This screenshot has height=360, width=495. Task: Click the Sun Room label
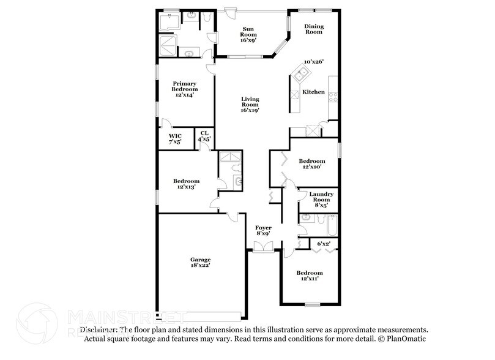pos(248,32)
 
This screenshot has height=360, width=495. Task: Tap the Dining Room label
pos(314,29)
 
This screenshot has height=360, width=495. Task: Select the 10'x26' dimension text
pos(314,62)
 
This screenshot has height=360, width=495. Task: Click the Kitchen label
pos(314,92)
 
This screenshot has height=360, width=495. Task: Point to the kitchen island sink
pos(302,75)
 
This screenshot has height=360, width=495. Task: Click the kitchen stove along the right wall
pos(333,96)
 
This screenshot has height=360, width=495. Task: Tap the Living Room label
pos(250,102)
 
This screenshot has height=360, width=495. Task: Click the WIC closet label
pos(175,138)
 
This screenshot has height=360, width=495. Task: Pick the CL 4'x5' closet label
pos(204,136)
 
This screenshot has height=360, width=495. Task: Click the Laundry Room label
pos(319,199)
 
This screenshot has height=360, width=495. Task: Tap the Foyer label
pos(263,230)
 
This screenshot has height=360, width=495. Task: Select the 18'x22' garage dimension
pos(199,266)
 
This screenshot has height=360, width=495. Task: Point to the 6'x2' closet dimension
pos(324,244)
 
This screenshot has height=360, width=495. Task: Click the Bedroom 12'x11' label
pos(309,275)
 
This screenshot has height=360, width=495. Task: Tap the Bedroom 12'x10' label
pos(312,163)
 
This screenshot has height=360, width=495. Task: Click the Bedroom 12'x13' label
pos(186,184)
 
